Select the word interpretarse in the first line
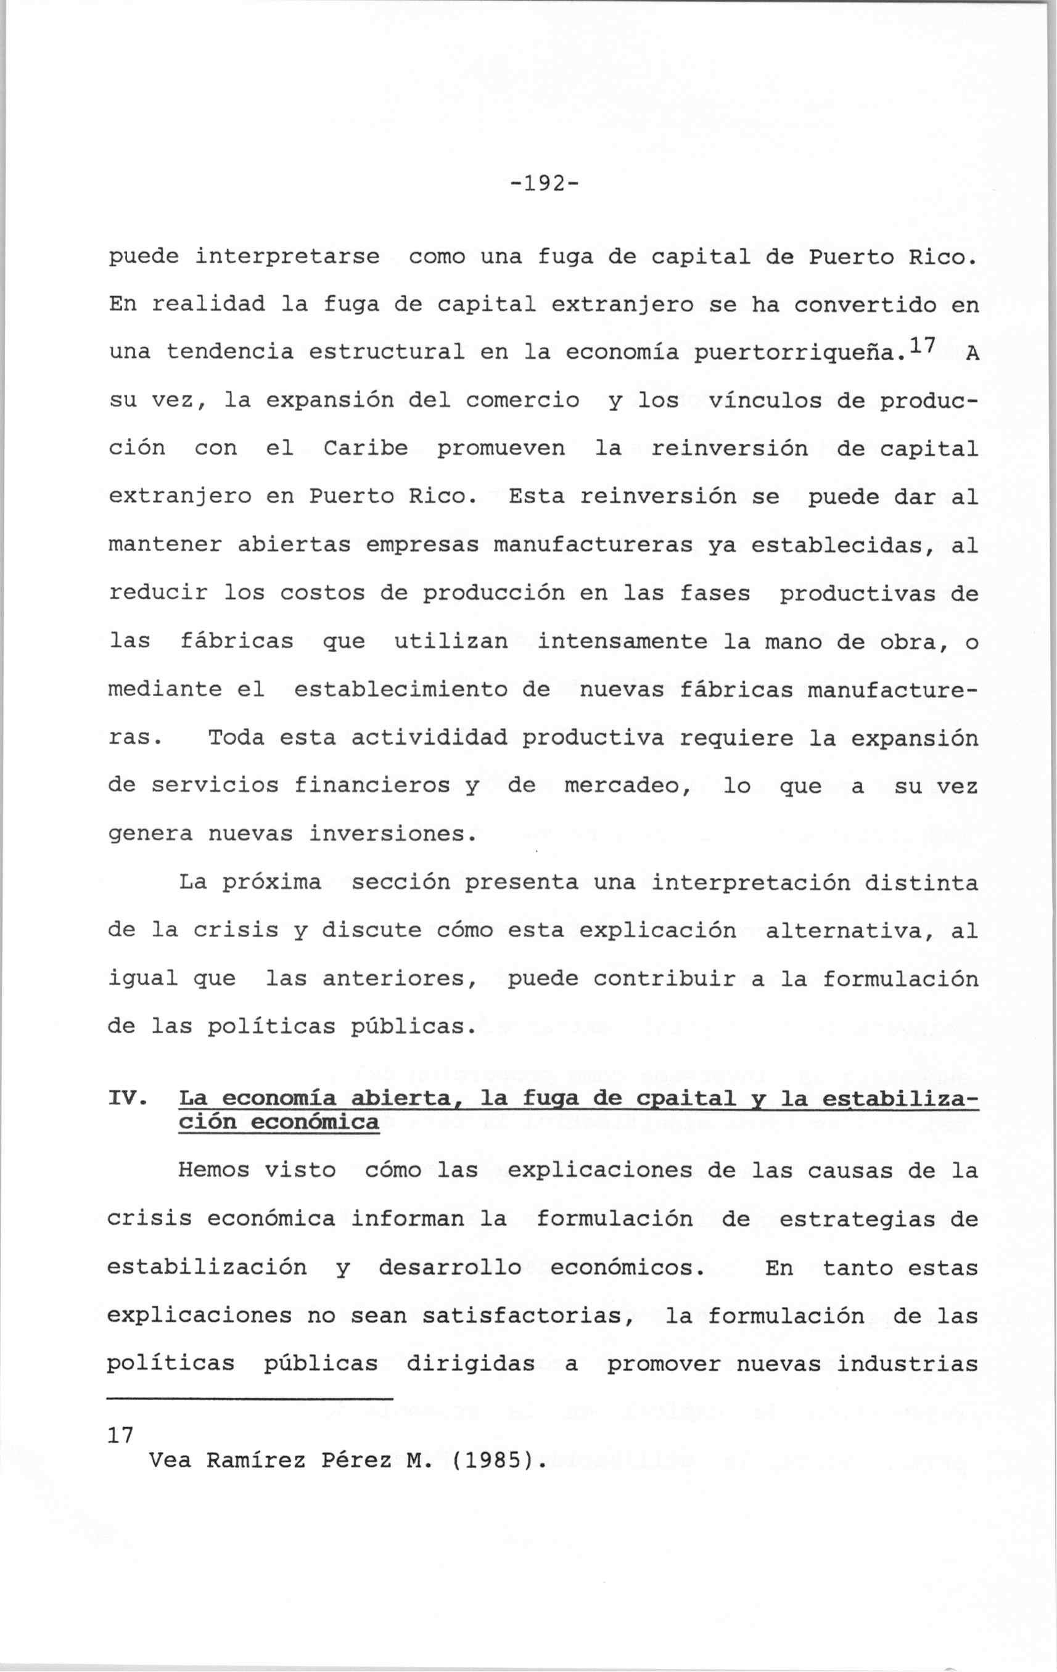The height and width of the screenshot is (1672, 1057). coord(287,258)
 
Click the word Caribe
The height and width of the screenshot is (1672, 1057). coord(365,449)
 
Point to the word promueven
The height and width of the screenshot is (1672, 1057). coord(501,449)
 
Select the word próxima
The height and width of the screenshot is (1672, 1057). coord(271,883)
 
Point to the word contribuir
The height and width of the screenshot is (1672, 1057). coord(665,979)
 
